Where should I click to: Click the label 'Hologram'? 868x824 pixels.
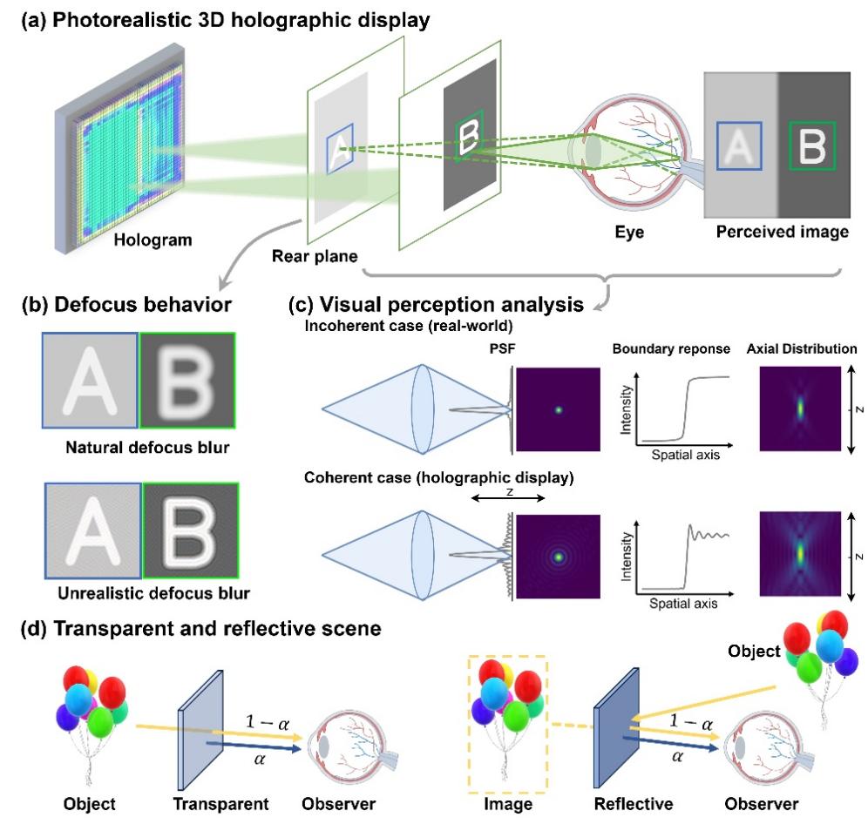tap(153, 240)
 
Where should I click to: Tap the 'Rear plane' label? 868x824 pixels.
tap(315, 256)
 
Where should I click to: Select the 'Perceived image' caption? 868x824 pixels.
tap(783, 232)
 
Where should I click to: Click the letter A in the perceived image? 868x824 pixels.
tap(739, 146)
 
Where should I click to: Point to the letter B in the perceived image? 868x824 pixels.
tap(812, 146)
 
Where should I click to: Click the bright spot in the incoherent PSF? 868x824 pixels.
tap(559, 410)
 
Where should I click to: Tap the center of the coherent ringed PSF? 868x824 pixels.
tap(559, 557)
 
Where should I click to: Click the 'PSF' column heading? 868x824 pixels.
tap(502, 348)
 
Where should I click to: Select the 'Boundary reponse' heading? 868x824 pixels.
tap(671, 348)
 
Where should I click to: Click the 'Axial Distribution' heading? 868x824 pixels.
tap(802, 348)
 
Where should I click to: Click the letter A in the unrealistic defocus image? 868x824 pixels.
tap(92, 531)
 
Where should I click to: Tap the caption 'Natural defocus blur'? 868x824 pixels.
tap(147, 447)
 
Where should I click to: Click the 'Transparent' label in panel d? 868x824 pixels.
tap(220, 803)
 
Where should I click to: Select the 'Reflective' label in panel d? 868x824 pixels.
tap(634, 803)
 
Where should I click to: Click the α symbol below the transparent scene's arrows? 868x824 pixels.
tap(259, 760)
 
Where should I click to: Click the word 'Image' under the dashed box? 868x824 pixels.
tap(507, 803)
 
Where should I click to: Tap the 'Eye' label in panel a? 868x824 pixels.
tap(629, 232)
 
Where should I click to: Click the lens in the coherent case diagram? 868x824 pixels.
tap(422, 555)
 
